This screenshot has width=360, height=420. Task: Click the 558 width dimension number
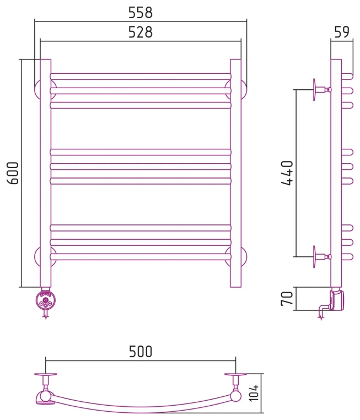[141, 12]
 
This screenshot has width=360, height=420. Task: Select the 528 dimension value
[141, 32]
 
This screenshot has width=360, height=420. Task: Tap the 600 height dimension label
[13, 173]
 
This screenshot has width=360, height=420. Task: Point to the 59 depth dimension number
[342, 31]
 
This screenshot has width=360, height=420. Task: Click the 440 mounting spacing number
[287, 173]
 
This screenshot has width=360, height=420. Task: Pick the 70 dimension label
[287, 299]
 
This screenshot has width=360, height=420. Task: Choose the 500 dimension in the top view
[141, 352]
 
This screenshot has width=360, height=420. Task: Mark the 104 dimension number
[254, 393]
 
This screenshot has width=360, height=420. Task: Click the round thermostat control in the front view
[46, 300]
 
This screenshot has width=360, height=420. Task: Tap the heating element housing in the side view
[337, 299]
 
